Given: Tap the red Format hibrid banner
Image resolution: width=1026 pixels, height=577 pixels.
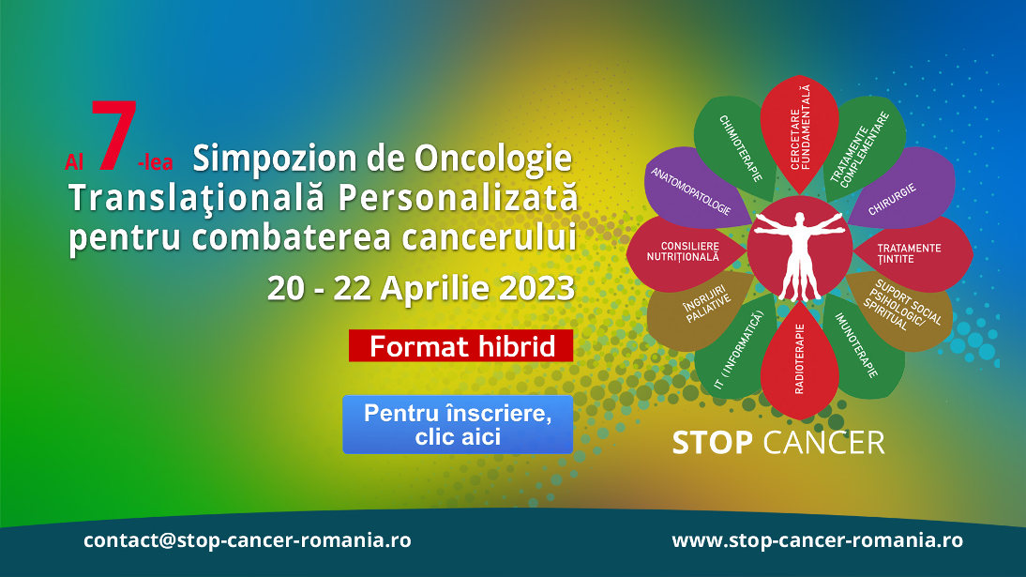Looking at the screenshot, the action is [460, 346].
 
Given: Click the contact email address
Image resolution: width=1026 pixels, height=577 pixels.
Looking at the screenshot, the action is [248, 540].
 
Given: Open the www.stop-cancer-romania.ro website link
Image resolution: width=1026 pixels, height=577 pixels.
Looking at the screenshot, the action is [817, 540].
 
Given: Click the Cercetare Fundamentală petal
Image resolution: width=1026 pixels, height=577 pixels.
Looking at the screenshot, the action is [799, 131].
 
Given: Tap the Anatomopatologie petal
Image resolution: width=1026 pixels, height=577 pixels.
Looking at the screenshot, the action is [695, 190].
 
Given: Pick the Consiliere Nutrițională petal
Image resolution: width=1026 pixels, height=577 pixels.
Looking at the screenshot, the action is [684, 252].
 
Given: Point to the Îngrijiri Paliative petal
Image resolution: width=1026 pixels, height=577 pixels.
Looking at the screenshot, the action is [701, 311].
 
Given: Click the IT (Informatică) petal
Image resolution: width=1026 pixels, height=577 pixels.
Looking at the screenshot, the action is [736, 347].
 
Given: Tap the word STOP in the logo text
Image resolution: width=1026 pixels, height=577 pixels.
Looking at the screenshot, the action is [712, 443].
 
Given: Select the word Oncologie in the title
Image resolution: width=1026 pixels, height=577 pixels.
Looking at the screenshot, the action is [492, 159].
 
